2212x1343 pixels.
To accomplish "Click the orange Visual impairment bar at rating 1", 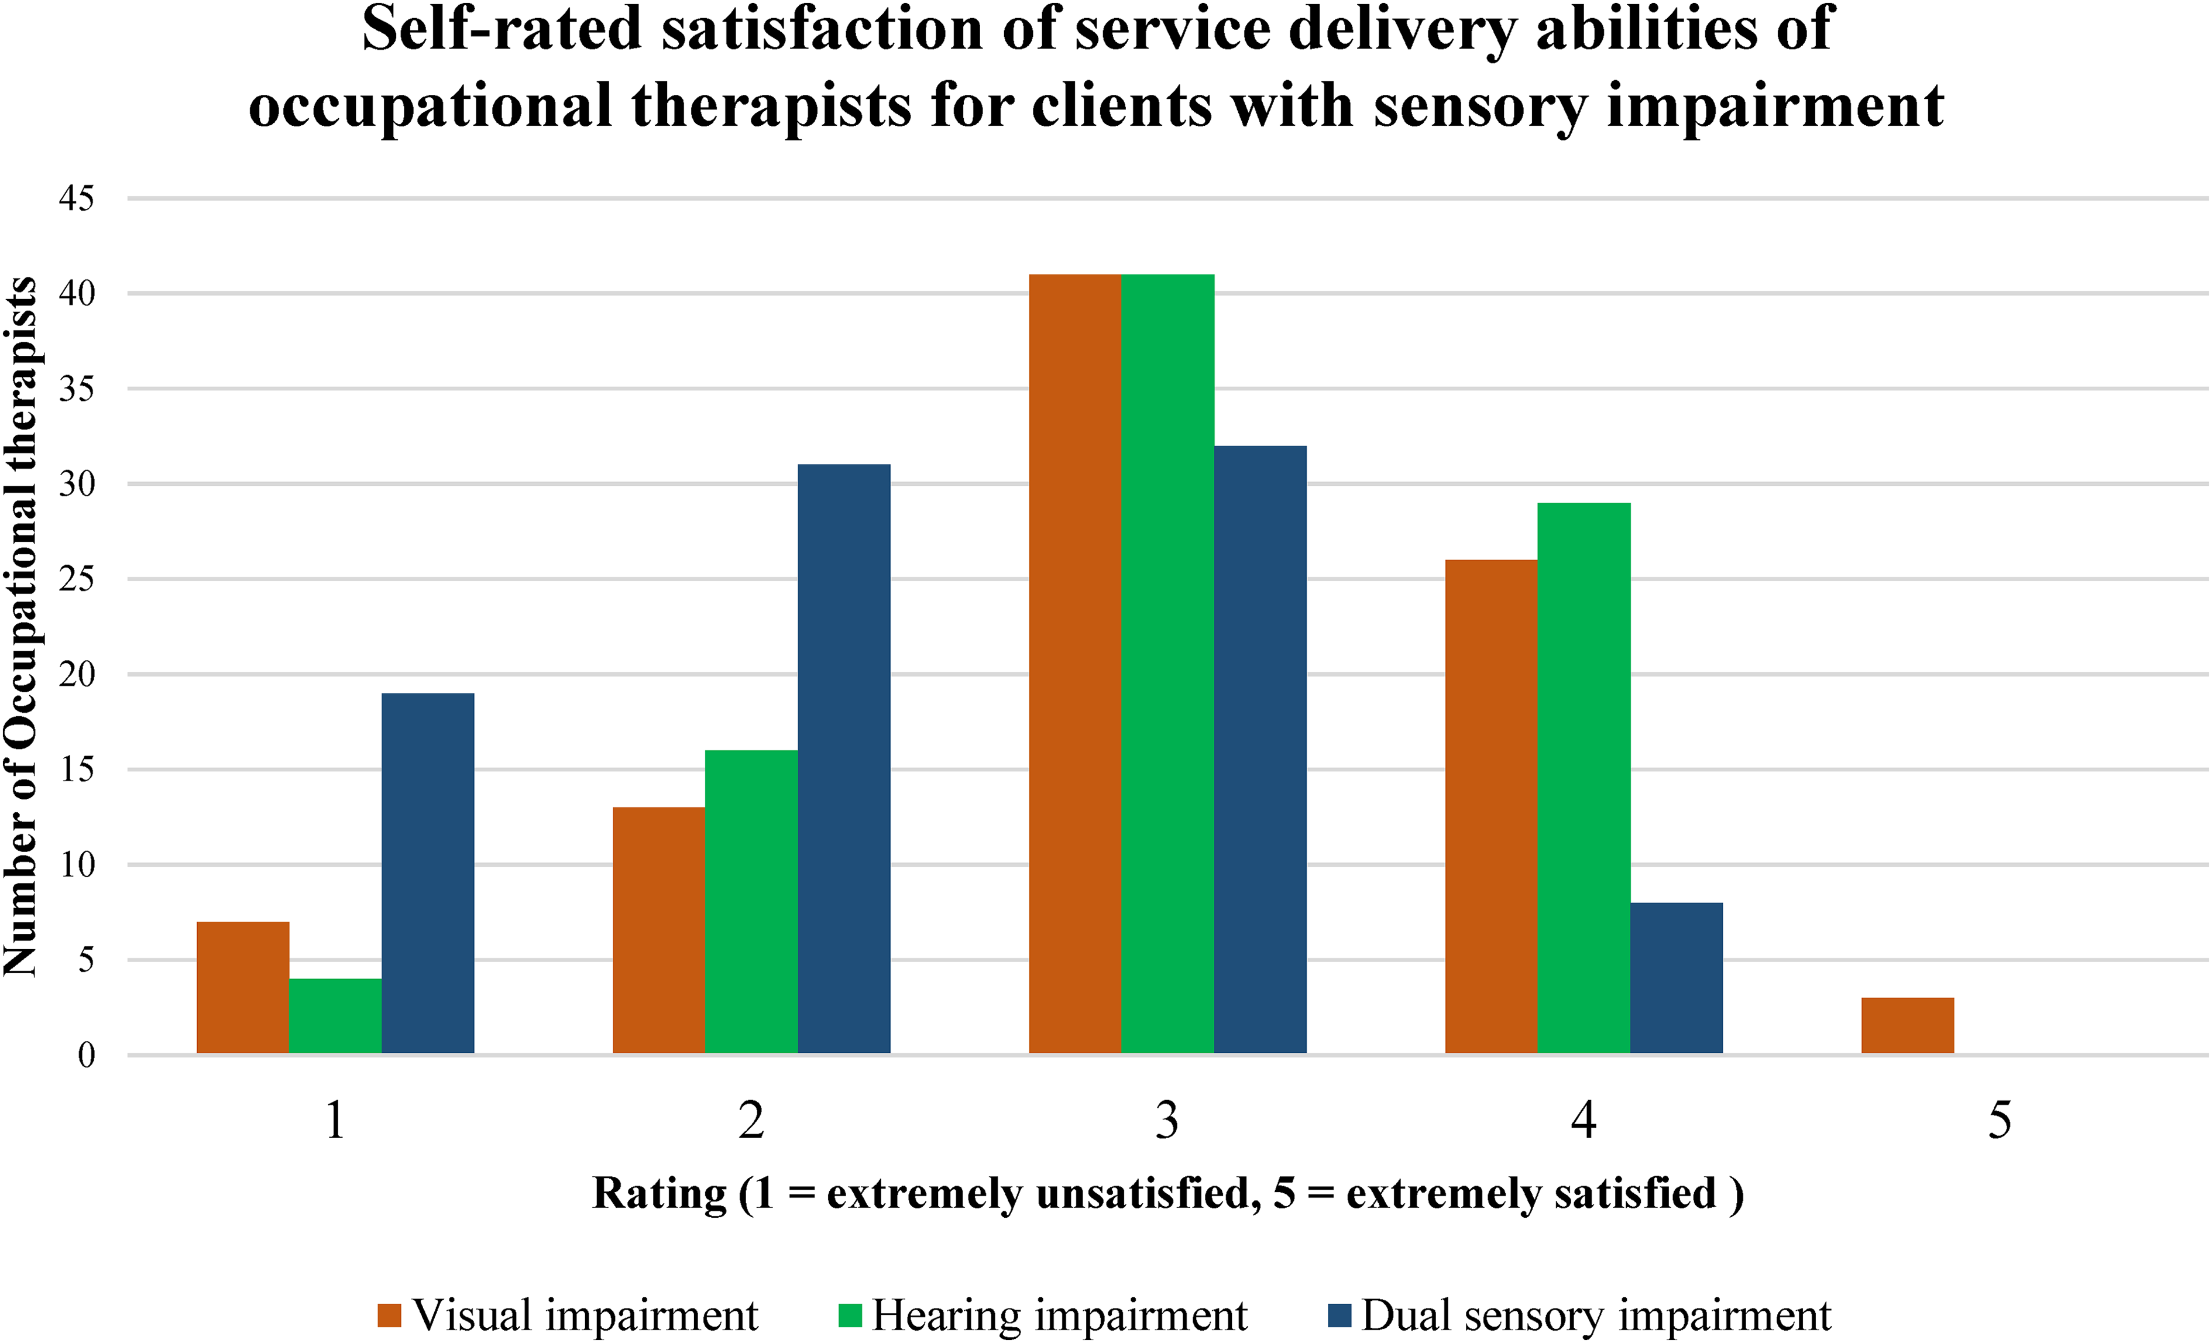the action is pos(242,988).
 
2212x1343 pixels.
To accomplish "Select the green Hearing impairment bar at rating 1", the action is pos(335,1016).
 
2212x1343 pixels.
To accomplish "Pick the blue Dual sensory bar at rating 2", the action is pos(844,758).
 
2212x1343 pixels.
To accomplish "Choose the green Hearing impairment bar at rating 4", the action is pos(1584,778).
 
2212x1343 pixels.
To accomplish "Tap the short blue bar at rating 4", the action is pos(1676,978).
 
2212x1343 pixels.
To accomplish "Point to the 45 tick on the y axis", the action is pos(76,198).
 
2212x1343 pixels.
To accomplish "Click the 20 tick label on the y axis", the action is pos(76,674).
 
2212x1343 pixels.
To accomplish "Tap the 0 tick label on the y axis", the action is pos(86,1056).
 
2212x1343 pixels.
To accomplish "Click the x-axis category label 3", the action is pos(1167,1121).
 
